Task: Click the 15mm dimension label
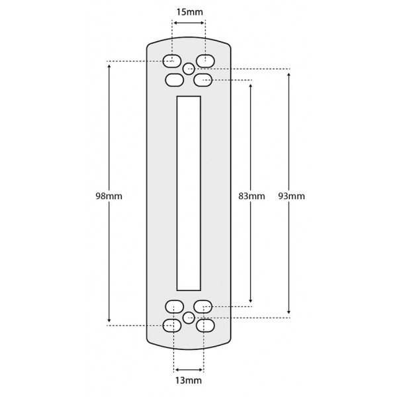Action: click(x=189, y=13)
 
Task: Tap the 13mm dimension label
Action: click(x=189, y=380)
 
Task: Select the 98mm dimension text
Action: click(x=109, y=197)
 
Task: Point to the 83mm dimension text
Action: click(x=251, y=197)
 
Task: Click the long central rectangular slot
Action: click(x=189, y=193)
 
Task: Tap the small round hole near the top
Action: click(x=189, y=68)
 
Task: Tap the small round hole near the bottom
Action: click(x=189, y=317)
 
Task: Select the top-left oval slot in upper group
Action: click(x=173, y=61)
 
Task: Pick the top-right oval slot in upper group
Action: click(x=205, y=61)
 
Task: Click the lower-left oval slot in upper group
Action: click(x=174, y=80)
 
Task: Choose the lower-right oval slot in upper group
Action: click(x=203, y=80)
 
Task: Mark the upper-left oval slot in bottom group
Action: click(x=174, y=306)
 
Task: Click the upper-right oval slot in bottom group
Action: click(x=202, y=306)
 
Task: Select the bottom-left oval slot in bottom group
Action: click(x=173, y=325)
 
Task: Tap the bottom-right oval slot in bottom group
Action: click(x=205, y=325)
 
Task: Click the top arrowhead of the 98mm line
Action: click(x=109, y=64)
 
